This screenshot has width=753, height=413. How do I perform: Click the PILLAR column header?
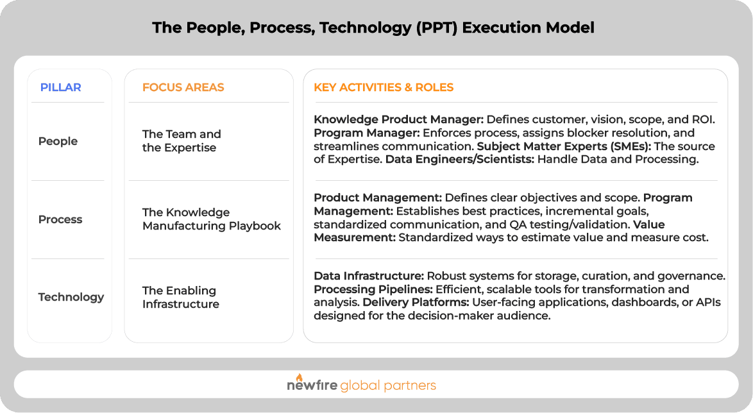point(60,87)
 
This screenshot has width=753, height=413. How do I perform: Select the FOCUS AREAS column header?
point(183,87)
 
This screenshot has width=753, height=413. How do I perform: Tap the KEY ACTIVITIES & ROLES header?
point(384,87)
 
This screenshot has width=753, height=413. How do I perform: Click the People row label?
point(58,141)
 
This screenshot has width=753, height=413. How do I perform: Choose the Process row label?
point(60,219)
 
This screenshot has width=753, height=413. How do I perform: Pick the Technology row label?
point(71,297)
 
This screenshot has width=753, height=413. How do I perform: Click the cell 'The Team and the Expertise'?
point(182,141)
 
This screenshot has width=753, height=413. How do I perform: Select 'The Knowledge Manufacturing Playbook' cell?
point(212,219)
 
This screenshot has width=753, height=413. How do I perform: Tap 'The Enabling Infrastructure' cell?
point(180,297)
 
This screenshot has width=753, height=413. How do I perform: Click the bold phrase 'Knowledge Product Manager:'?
point(398,119)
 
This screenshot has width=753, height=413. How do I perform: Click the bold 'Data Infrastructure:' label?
point(369,276)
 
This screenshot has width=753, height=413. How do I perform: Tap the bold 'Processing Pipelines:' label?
point(373,290)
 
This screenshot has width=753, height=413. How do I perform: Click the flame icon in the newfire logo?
point(299,378)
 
